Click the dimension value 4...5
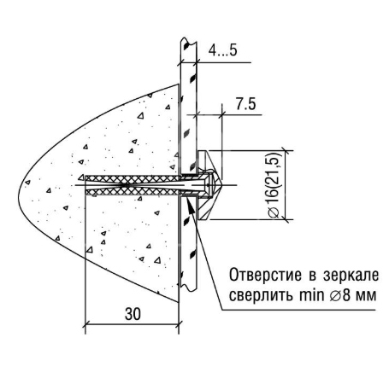tap(223, 50)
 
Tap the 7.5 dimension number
tap(245, 104)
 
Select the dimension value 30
tap(133, 314)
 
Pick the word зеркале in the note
tap(351, 276)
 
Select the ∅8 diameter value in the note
tap(339, 296)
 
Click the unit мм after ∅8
tap(365, 298)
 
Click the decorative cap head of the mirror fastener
tap(209, 185)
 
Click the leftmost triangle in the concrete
tap(27, 182)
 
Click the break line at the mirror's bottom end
tap(188, 287)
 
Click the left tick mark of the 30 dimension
tap(85, 324)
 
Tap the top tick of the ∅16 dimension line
tap(285, 150)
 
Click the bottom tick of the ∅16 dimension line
tap(285, 219)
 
